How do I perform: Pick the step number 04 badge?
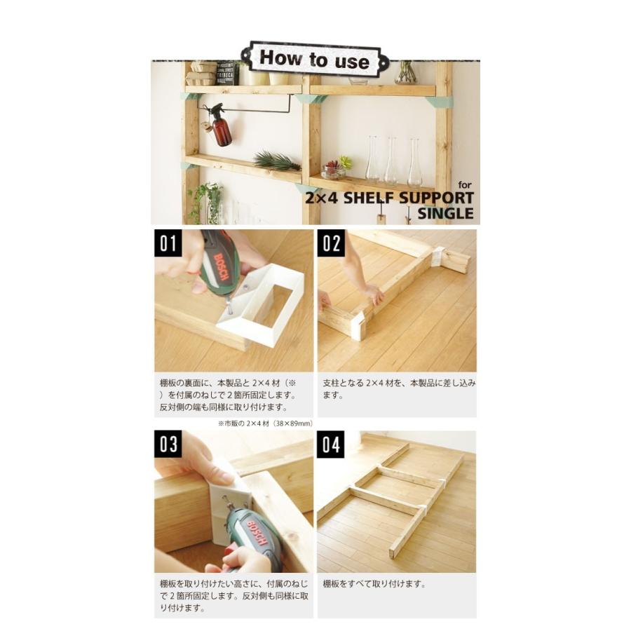click(x=331, y=444)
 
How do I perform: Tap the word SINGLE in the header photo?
click(x=445, y=213)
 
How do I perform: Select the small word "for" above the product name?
click(x=465, y=184)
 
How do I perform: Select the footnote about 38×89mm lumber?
click(x=255, y=423)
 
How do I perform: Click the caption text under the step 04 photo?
click(x=374, y=584)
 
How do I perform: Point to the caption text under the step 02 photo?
click(x=399, y=389)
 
